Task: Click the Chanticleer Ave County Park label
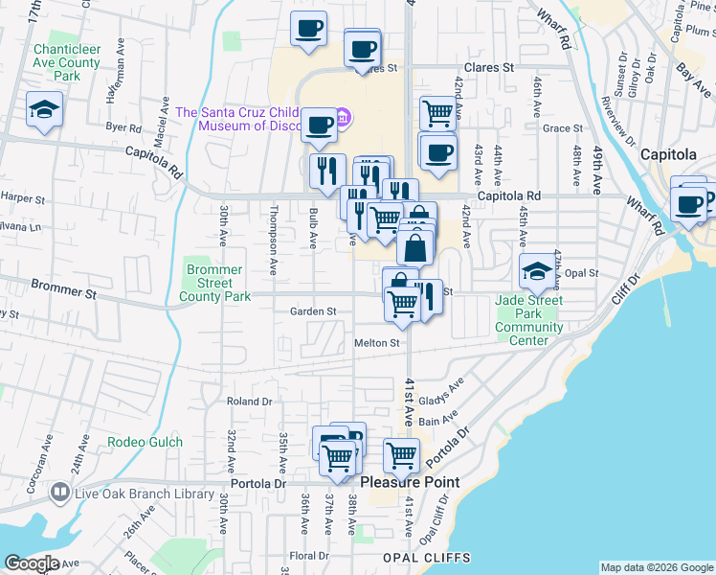pos(65,62)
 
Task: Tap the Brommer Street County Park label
pos(214,284)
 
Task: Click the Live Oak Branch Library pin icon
pos(60,494)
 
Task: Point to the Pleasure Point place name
pos(410,482)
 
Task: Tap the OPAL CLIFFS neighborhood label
pos(426,557)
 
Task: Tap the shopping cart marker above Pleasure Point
pos(401,456)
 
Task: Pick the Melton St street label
pos(376,342)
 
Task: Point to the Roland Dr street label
pos(249,402)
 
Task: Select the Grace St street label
pos(562,128)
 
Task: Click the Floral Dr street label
pos(309,556)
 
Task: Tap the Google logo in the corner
pos(31,563)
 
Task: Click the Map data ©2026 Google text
pos(656,567)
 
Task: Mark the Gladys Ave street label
pos(441,392)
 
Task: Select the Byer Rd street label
pos(123,126)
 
